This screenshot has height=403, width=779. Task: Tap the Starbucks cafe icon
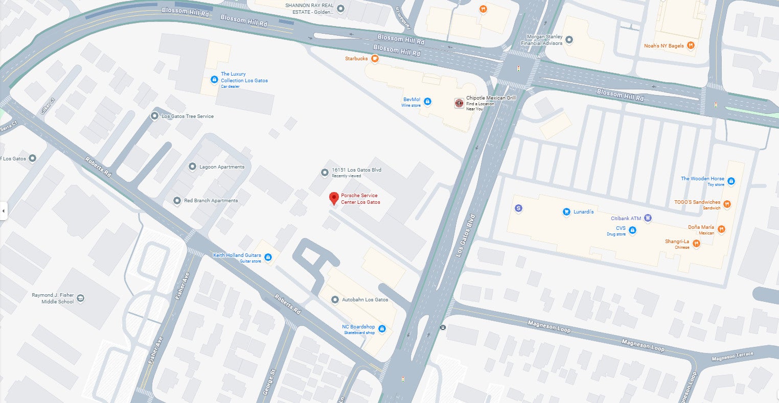pyautogui.click(x=375, y=59)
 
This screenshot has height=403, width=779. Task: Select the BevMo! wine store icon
pyautogui.click(x=427, y=102)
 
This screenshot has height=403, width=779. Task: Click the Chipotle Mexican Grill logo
pyautogui.click(x=459, y=103)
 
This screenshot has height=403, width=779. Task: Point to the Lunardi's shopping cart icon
pyautogui.click(x=566, y=211)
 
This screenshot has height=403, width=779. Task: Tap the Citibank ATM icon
pyautogui.click(x=648, y=218)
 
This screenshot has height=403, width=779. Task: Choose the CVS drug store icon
pyautogui.click(x=632, y=231)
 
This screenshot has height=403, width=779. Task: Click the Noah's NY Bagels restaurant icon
pyautogui.click(x=691, y=45)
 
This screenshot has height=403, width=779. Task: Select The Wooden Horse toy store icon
pyautogui.click(x=731, y=181)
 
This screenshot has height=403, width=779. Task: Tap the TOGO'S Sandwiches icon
pyautogui.click(x=727, y=204)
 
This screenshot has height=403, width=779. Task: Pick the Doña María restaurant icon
pyautogui.click(x=721, y=229)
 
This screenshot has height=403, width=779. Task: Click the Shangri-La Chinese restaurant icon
pyautogui.click(x=696, y=244)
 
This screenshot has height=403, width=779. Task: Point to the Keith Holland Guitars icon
pyautogui.click(x=268, y=257)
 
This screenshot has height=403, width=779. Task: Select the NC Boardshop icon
pyautogui.click(x=381, y=329)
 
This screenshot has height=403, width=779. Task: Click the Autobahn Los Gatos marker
pyautogui.click(x=335, y=300)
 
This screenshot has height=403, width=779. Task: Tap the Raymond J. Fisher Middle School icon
pyautogui.click(x=80, y=298)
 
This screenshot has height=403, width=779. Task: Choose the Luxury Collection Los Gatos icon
pyautogui.click(x=214, y=79)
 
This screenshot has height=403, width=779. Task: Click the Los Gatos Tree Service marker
pyautogui.click(x=154, y=116)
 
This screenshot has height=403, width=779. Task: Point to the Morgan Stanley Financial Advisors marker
pyautogui.click(x=569, y=40)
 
